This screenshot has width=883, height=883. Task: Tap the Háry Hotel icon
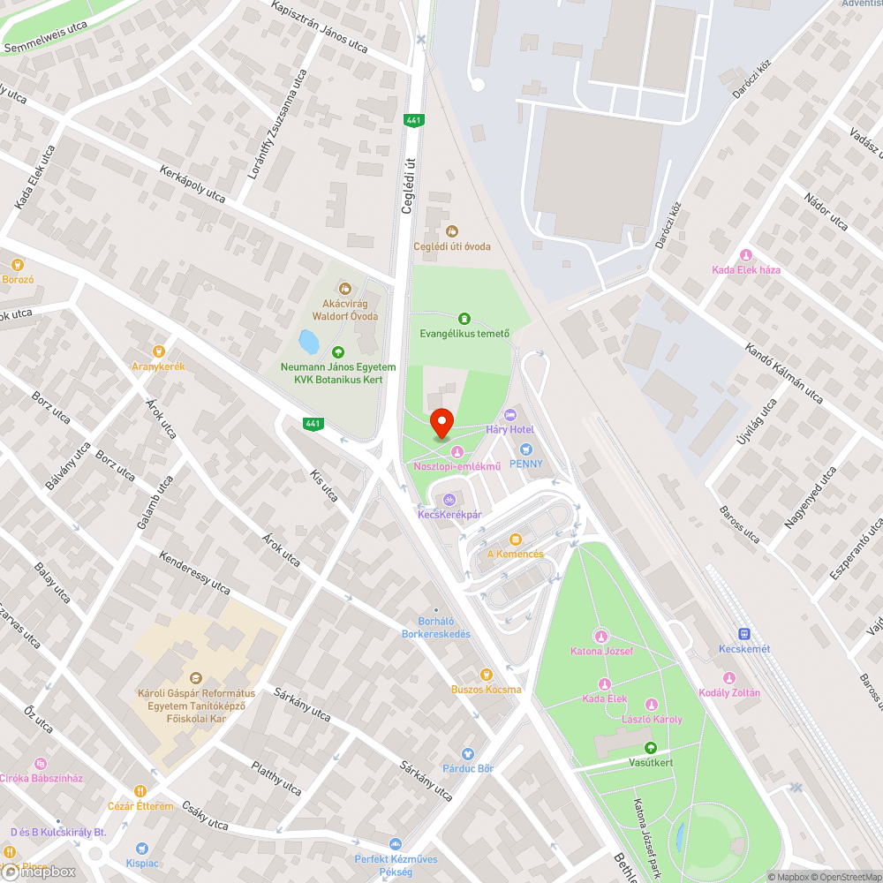[x=509, y=415]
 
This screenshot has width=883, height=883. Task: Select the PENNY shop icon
[x=526, y=449]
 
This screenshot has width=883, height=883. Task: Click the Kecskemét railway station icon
[x=744, y=634]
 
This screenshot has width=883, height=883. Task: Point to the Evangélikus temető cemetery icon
[x=464, y=319]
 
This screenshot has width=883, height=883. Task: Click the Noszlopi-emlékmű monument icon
[x=457, y=452]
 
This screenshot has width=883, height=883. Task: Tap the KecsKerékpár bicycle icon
[x=449, y=499]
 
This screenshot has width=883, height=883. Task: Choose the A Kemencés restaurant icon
[x=516, y=540]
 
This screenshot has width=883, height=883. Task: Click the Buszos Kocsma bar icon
[x=486, y=675]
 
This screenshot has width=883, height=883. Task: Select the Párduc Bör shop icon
[x=468, y=754]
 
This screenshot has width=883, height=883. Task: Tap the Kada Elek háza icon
[x=746, y=255]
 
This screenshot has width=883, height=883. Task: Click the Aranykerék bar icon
[x=159, y=351]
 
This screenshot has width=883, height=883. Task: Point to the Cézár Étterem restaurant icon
[x=140, y=791]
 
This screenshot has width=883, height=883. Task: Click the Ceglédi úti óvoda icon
[x=452, y=231]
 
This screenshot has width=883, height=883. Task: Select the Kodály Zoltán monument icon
[x=729, y=678]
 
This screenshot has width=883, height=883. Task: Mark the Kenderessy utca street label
[x=194, y=573]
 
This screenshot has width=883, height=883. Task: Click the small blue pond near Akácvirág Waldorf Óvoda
[x=309, y=340]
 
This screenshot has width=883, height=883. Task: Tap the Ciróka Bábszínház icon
[x=39, y=764]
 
